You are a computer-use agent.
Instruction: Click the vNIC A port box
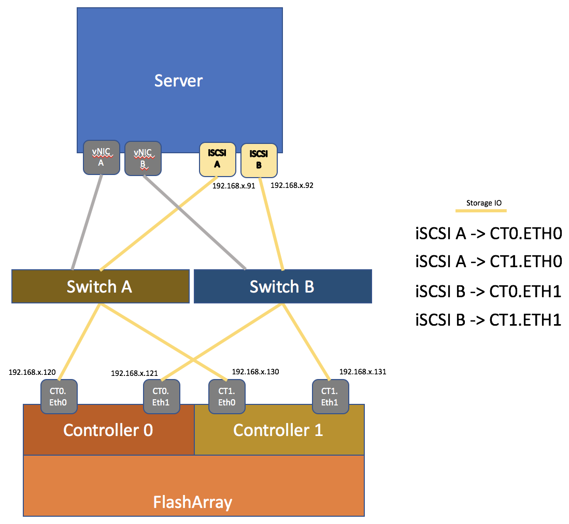[101, 157]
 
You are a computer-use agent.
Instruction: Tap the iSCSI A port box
[218, 159]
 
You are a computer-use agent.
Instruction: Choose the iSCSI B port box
[259, 160]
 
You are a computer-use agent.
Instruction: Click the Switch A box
[100, 286]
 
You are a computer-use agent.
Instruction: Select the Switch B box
[282, 286]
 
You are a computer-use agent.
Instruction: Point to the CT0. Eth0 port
[59, 397]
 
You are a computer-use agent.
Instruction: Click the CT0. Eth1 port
[161, 397]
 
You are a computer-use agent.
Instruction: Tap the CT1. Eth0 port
[226, 397]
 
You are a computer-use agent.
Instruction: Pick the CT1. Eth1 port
[330, 397]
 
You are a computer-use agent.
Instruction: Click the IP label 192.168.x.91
[234, 186]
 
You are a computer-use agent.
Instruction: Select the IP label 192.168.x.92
[292, 185]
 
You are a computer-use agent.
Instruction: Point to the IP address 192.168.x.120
[32, 372]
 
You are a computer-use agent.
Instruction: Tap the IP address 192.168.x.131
[363, 372]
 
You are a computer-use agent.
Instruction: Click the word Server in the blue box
[179, 81]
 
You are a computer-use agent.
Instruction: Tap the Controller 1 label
[278, 430]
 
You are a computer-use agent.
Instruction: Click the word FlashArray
[193, 502]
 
